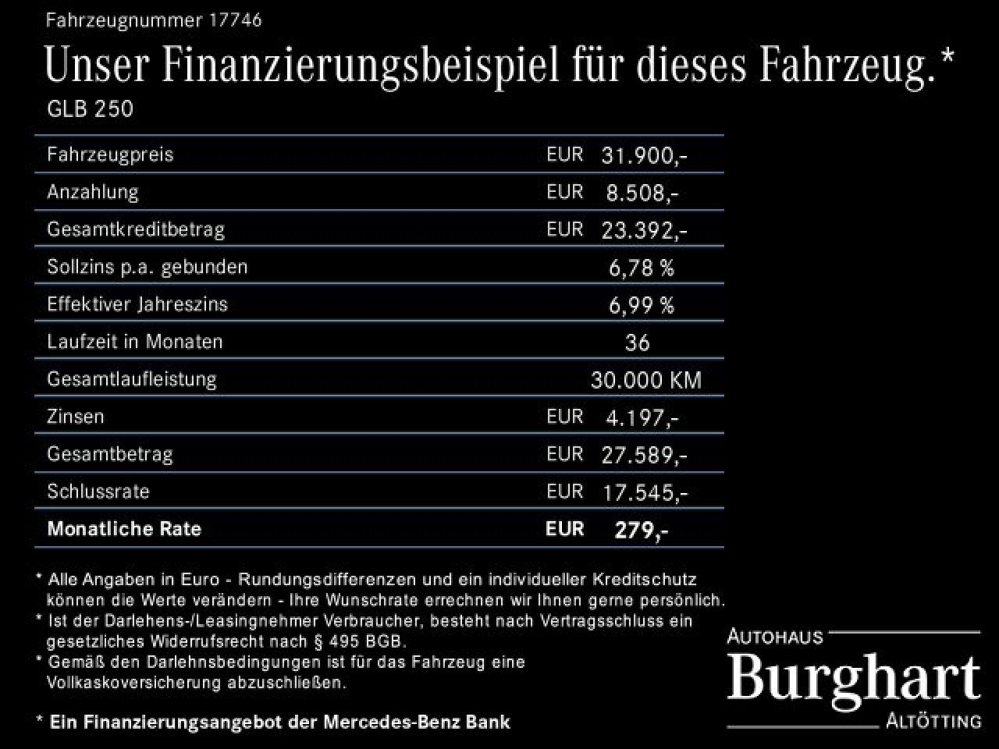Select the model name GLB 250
click(91, 109)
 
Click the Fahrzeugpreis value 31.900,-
click(644, 155)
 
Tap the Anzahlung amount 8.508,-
click(642, 193)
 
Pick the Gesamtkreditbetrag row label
click(136, 229)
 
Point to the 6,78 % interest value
click(641, 268)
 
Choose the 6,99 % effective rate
click(641, 305)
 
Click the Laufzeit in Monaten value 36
click(638, 343)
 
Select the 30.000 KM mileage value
click(646, 380)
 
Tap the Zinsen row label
click(76, 417)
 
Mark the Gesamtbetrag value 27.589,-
click(644, 455)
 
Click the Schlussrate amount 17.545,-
click(644, 492)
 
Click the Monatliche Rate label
click(124, 529)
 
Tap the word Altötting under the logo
click(933, 722)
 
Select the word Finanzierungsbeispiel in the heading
click(361, 66)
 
